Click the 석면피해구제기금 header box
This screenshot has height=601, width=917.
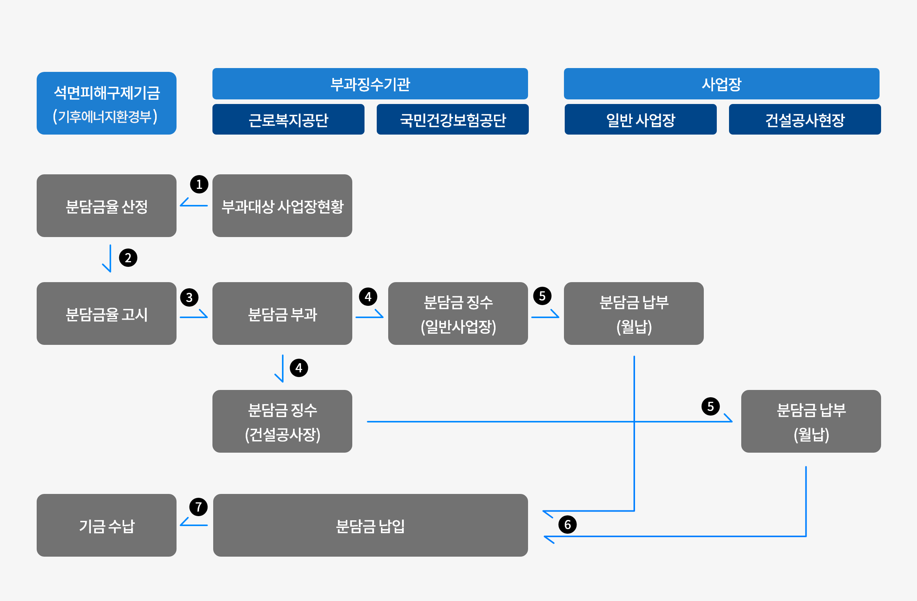[106, 103]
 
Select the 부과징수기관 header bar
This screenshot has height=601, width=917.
[370, 84]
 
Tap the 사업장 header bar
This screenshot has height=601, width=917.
[721, 84]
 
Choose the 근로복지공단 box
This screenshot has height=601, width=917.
[288, 120]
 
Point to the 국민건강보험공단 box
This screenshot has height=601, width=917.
[452, 120]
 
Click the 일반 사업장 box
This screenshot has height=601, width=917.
[640, 120]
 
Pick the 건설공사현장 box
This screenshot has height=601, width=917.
[805, 120]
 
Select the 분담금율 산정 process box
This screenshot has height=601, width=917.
[106, 206]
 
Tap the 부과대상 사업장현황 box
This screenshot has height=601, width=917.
[282, 206]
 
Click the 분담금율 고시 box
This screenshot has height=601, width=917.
[106, 314]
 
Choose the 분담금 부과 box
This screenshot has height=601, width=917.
[282, 314]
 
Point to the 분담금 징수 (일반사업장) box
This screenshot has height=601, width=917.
[458, 314]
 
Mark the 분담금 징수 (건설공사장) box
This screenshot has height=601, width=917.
[282, 421]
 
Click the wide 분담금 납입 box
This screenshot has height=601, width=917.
[370, 525]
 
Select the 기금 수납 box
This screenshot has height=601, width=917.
[106, 525]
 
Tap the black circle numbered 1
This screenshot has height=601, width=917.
[199, 184]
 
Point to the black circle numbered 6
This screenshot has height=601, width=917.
[567, 525]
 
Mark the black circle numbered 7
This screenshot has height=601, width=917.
[198, 507]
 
